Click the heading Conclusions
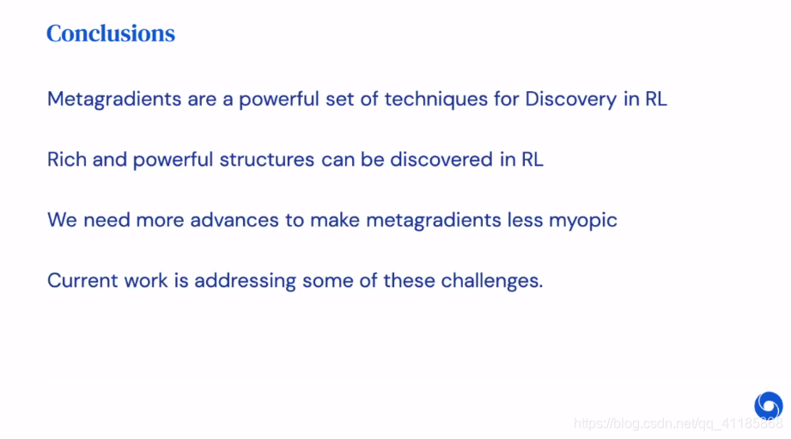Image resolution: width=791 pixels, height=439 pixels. [111, 34]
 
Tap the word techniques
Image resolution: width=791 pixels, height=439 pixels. [435, 99]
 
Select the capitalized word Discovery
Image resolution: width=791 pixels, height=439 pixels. [570, 99]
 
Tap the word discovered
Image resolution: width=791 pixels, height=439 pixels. [441, 160]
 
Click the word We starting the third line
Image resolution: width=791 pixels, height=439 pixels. [62, 220]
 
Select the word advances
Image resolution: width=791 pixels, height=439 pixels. [234, 220]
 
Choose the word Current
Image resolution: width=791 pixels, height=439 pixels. [82, 281]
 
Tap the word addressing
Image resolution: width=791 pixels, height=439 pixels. [245, 282]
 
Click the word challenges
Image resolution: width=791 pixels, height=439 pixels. [492, 282]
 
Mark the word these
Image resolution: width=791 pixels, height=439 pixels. [409, 281]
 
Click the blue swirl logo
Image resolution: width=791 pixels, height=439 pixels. [769, 405]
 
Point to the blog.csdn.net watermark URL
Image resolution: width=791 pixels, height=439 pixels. [678, 424]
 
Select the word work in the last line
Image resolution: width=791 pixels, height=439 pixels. [146, 281]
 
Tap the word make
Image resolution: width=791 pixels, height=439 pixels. [334, 220]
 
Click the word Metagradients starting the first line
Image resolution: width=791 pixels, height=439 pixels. [114, 100]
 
